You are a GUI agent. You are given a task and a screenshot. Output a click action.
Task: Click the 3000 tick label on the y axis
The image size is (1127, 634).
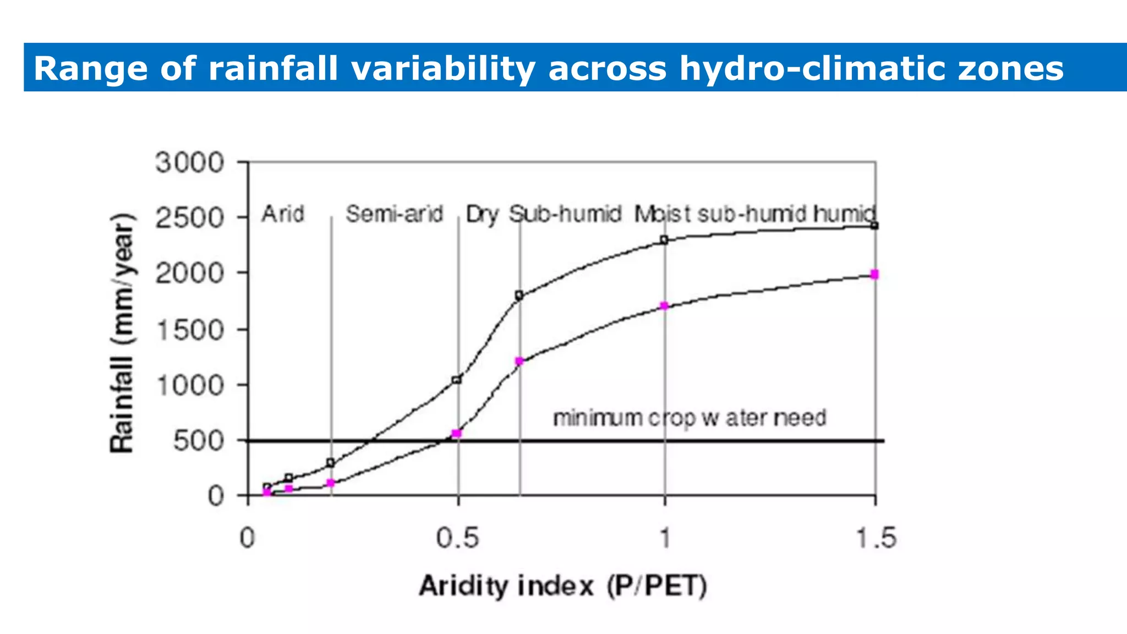coord(190,163)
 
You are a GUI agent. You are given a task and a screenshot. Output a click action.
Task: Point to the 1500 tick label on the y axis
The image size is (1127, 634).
coord(190,331)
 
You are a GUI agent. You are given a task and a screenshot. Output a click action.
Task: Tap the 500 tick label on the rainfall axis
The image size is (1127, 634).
coord(199,441)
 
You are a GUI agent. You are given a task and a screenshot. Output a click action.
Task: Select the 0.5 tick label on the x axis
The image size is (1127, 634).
coord(457,538)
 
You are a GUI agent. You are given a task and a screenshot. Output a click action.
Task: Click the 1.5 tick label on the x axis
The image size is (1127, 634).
coord(876,538)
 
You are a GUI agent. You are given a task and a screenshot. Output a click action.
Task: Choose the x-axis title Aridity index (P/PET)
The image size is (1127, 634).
coord(562,586)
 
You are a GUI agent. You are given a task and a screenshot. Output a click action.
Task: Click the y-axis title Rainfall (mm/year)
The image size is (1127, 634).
coord(122,332)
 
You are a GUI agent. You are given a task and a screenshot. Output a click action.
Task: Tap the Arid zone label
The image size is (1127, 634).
coord(283,214)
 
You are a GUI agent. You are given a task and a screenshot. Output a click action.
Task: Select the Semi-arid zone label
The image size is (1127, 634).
coord(394,214)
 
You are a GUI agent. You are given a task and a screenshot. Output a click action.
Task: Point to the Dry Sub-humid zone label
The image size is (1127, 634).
coord(543,214)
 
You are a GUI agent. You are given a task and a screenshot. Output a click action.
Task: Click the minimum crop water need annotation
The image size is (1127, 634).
coord(690,418)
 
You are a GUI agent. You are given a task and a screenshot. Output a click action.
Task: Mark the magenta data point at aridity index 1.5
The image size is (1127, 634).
coord(874,274)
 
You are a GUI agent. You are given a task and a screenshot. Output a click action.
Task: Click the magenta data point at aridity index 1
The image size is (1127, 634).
coord(664,305)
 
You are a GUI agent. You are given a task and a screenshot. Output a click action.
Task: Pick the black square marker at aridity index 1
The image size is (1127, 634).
coord(664,240)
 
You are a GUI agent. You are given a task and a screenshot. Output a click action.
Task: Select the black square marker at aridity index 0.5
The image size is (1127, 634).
coord(456,380)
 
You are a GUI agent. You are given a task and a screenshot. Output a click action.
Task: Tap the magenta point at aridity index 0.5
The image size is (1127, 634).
coord(456,433)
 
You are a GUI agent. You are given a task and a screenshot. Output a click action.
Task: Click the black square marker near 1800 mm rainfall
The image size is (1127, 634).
coord(519,296)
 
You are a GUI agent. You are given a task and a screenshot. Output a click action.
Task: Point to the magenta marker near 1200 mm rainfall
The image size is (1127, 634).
coord(519,361)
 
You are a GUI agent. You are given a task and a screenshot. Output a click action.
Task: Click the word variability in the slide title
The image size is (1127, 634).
coord(443,69)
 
